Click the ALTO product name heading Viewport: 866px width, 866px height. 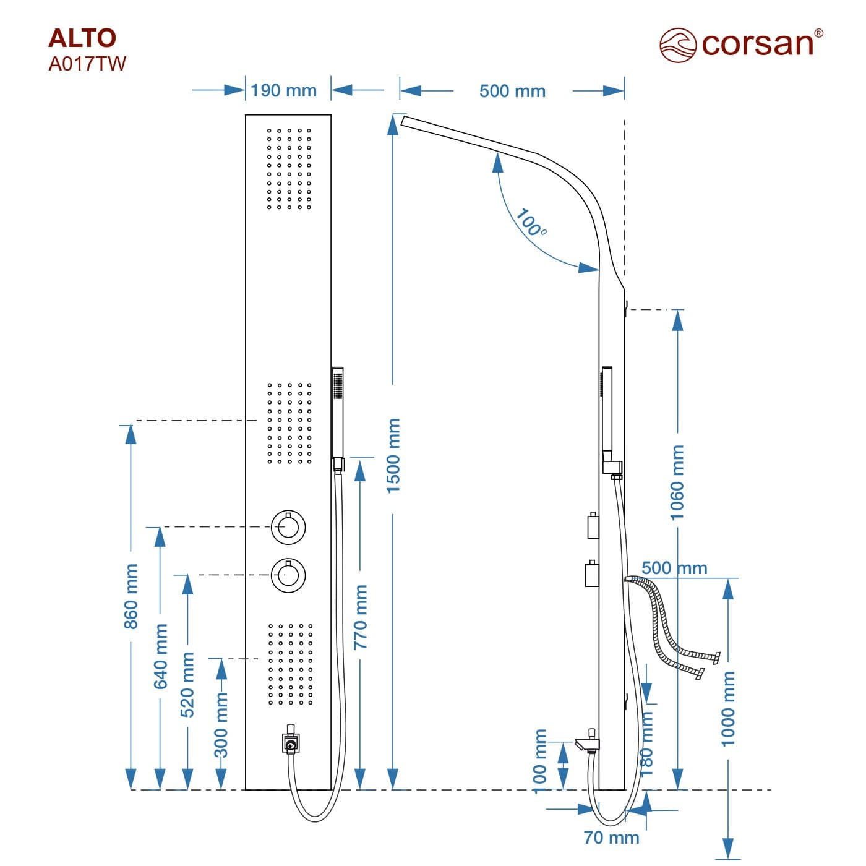(x=82, y=38)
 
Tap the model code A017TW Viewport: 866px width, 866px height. (x=87, y=64)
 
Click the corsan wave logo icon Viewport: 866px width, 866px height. (x=678, y=45)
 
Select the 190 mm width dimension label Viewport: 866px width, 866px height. (x=283, y=91)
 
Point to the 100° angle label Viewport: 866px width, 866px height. (x=531, y=223)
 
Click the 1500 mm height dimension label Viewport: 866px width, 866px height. (x=394, y=456)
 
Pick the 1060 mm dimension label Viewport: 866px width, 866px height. (x=678, y=482)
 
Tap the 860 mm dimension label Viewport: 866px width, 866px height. (x=131, y=596)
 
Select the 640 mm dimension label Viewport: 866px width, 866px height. (x=161, y=656)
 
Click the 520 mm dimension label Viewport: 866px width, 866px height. (x=187, y=684)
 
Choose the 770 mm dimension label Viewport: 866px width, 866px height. (x=361, y=617)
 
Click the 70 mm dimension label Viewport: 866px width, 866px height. (x=611, y=838)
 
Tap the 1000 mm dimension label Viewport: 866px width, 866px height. (x=729, y=709)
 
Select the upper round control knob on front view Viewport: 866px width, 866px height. (x=288, y=527)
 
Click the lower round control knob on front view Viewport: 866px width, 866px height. (x=288, y=575)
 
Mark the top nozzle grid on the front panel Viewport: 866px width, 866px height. (x=289, y=168)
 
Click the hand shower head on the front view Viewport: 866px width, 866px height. (x=338, y=411)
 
